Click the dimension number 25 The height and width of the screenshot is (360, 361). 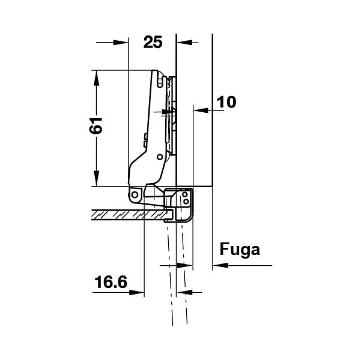[153, 43]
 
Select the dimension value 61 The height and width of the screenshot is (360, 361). [96, 125]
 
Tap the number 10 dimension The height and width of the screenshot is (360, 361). [226, 102]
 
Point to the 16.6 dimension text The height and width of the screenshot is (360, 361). [111, 282]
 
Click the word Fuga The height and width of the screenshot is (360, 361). [240, 250]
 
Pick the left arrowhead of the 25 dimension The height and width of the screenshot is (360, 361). [120, 43]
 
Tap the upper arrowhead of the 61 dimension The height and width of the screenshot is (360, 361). [97, 78]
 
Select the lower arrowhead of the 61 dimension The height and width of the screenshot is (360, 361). [97, 178]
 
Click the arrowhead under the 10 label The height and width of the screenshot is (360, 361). [201, 110]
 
